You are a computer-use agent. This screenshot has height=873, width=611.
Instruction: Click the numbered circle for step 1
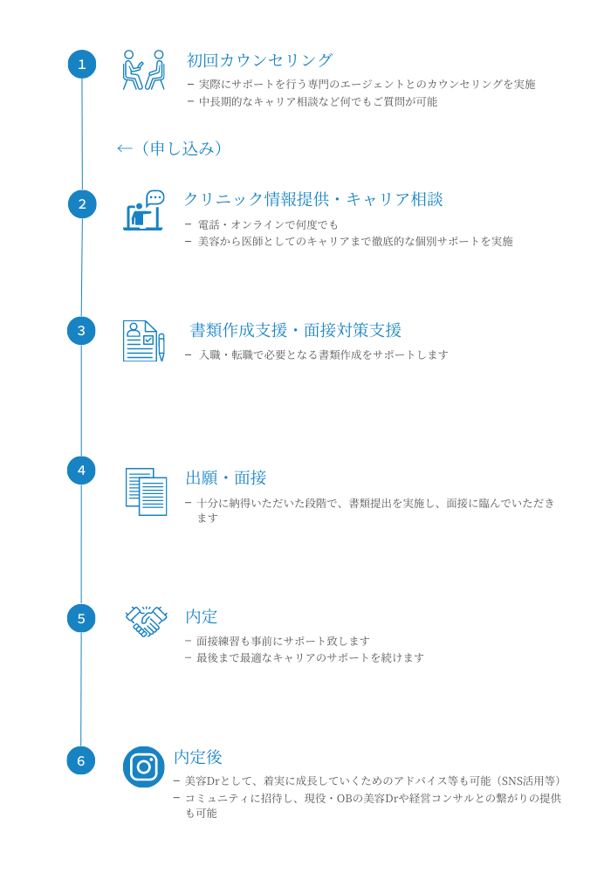click(x=82, y=64)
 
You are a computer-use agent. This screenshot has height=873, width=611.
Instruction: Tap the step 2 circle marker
click(x=82, y=203)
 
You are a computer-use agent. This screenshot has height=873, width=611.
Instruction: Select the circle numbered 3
click(x=81, y=331)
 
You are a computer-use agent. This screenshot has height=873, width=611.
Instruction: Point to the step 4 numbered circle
click(x=81, y=471)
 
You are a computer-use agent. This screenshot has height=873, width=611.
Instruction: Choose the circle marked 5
click(x=81, y=619)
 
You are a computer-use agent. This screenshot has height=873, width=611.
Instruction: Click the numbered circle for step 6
click(x=81, y=760)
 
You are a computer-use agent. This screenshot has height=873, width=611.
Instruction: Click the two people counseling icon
click(x=143, y=70)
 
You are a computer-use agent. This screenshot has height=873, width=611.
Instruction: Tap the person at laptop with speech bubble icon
click(x=143, y=210)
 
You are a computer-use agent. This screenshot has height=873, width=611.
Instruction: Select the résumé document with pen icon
click(x=143, y=340)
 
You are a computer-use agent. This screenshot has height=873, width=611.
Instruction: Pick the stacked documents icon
click(x=146, y=491)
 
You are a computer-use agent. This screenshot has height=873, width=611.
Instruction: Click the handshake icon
click(x=146, y=621)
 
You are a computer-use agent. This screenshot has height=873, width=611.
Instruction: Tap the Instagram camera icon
click(x=143, y=766)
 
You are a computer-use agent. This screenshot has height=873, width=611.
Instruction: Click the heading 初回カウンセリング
click(x=260, y=60)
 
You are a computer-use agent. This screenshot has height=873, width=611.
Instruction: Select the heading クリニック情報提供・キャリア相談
click(x=313, y=199)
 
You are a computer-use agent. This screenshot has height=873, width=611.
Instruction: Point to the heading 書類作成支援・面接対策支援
click(x=296, y=330)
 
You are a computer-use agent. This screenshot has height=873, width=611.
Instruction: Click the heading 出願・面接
click(x=226, y=478)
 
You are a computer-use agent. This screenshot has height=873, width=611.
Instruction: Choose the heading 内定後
click(x=198, y=757)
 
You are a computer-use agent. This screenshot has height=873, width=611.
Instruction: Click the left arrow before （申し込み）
click(x=124, y=148)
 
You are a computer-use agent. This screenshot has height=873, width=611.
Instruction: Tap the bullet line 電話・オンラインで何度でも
click(x=268, y=224)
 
